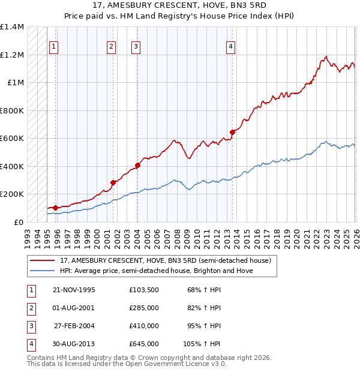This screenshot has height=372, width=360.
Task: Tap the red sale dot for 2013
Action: (x=233, y=132)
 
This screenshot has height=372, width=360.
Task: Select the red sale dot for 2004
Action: (x=137, y=165)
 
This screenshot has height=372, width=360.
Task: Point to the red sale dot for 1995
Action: (x=55, y=208)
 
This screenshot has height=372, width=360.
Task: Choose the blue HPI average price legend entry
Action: (x=156, y=271)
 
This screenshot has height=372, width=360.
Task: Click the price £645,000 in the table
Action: (x=144, y=344)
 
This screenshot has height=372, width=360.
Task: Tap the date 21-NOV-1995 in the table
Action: (x=74, y=290)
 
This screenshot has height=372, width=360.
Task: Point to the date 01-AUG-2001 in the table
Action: (x=74, y=308)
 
